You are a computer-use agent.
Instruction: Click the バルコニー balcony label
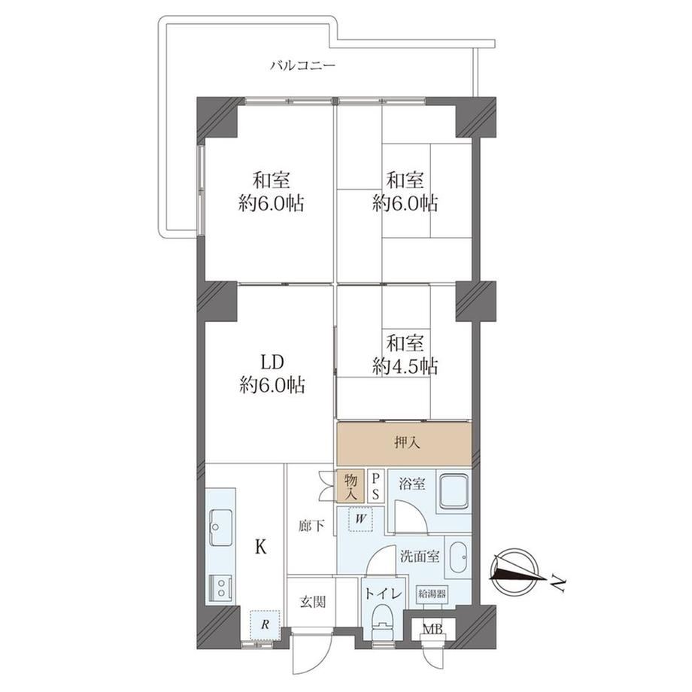[x=302, y=66]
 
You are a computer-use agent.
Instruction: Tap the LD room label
[x=272, y=363]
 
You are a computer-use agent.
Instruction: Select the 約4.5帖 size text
[x=405, y=366]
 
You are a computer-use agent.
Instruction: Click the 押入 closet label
[x=407, y=443]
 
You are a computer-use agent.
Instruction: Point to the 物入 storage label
[x=351, y=487]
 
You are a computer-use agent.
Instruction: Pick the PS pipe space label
[x=375, y=487]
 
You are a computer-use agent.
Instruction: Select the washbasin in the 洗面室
[x=459, y=558]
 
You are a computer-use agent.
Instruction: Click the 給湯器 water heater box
[x=432, y=593]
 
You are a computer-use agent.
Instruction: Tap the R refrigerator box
[x=265, y=624]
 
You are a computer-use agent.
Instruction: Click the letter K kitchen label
[x=261, y=548]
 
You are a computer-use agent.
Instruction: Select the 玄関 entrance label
[x=313, y=601]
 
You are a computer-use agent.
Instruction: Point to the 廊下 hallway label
[x=311, y=526]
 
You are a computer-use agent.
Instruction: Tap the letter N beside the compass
[x=558, y=584]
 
